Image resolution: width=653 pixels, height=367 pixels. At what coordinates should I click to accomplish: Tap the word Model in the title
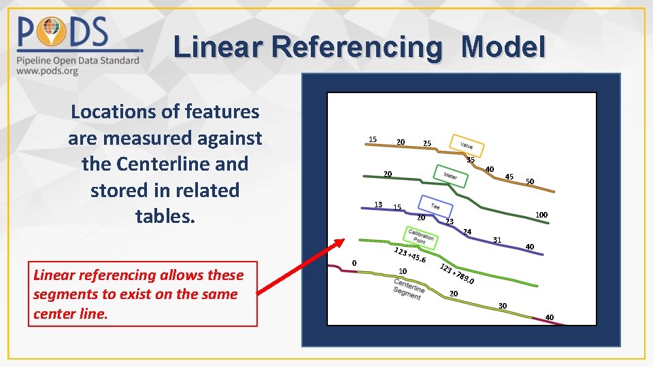[503, 48]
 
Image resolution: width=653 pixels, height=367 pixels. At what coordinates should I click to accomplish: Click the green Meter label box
[450, 175]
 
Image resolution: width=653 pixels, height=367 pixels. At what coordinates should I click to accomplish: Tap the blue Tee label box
[435, 205]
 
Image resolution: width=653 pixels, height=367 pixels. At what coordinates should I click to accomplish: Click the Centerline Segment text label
[408, 288]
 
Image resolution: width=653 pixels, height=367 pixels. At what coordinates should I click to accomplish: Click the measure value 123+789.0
[456, 273]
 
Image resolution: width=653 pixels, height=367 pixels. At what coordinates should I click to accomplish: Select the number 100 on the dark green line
[541, 215]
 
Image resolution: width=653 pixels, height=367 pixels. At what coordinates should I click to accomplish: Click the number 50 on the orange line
[530, 181]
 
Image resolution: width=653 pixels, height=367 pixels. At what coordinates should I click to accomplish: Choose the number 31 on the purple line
[497, 239]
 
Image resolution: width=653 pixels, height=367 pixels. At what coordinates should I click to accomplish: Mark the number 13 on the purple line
[378, 204]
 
